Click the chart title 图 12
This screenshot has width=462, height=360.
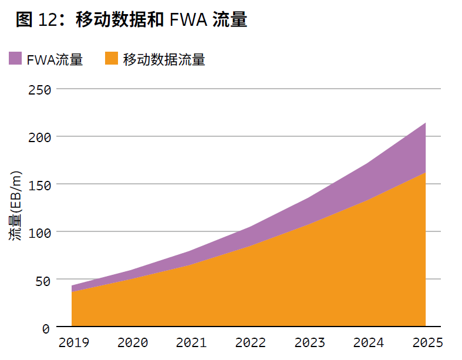tap(130, 20)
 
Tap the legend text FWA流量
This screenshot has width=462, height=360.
tap(55, 59)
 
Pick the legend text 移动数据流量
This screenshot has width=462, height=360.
tap(164, 59)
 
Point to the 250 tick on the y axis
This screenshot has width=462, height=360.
tap(40, 90)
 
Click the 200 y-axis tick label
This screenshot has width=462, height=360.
tap(40, 137)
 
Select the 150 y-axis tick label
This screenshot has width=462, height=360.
tap(40, 185)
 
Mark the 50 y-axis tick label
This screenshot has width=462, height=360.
tap(43, 280)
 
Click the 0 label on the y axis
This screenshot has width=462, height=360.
tap(46, 328)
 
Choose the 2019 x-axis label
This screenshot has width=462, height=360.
tap(73, 342)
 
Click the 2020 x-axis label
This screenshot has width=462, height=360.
tap(132, 342)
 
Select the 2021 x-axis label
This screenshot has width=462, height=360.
tap(191, 342)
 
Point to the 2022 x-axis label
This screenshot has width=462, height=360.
tap(250, 342)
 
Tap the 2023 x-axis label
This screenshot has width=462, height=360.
tap(309, 342)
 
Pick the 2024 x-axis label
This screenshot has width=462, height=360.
tap(368, 342)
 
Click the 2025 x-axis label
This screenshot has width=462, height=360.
tap(426, 342)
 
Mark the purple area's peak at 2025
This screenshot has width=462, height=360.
tap(425, 123)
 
